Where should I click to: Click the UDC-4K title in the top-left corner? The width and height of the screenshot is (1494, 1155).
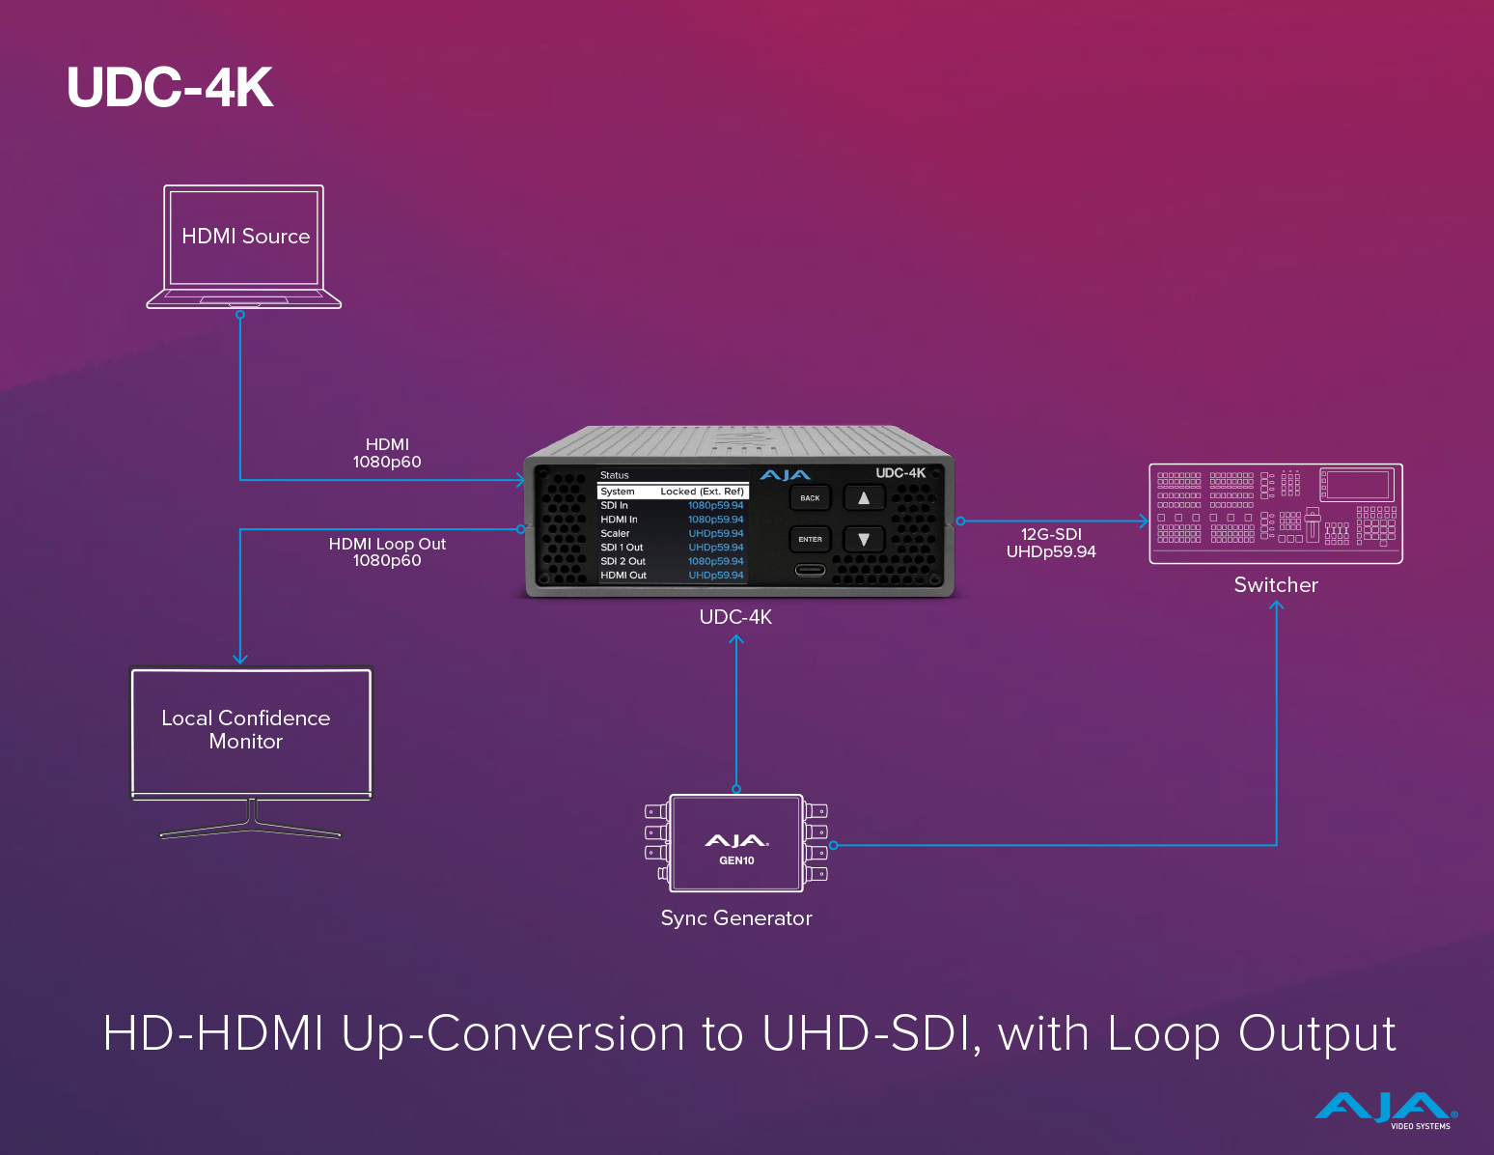point(170,87)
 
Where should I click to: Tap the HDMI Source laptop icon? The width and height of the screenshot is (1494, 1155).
point(244,246)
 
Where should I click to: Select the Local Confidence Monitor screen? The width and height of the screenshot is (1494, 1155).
point(250,731)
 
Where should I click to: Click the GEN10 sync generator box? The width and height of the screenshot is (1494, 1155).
point(736,843)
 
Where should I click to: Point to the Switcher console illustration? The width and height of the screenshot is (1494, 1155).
point(1275,513)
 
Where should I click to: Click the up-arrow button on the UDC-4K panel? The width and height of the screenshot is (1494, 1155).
point(864,498)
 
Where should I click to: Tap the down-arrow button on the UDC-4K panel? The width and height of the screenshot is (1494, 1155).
point(864,540)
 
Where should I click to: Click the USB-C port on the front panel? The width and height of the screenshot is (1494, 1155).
point(810,570)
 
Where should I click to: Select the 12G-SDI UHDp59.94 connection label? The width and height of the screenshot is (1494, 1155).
point(1051,543)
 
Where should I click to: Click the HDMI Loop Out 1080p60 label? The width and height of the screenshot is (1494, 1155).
point(387,551)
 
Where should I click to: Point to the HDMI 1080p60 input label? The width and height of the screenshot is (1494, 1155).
point(387,453)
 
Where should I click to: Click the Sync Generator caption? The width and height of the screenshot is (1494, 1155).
point(736,918)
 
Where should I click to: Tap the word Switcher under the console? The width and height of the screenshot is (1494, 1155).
point(1275,585)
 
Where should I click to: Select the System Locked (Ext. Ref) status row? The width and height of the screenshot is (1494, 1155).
point(673,492)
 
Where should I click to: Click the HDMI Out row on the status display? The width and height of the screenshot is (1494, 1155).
point(673,576)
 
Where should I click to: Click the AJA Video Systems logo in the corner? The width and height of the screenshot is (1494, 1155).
point(1386,1110)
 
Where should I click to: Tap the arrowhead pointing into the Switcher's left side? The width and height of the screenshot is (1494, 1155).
point(1144,521)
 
